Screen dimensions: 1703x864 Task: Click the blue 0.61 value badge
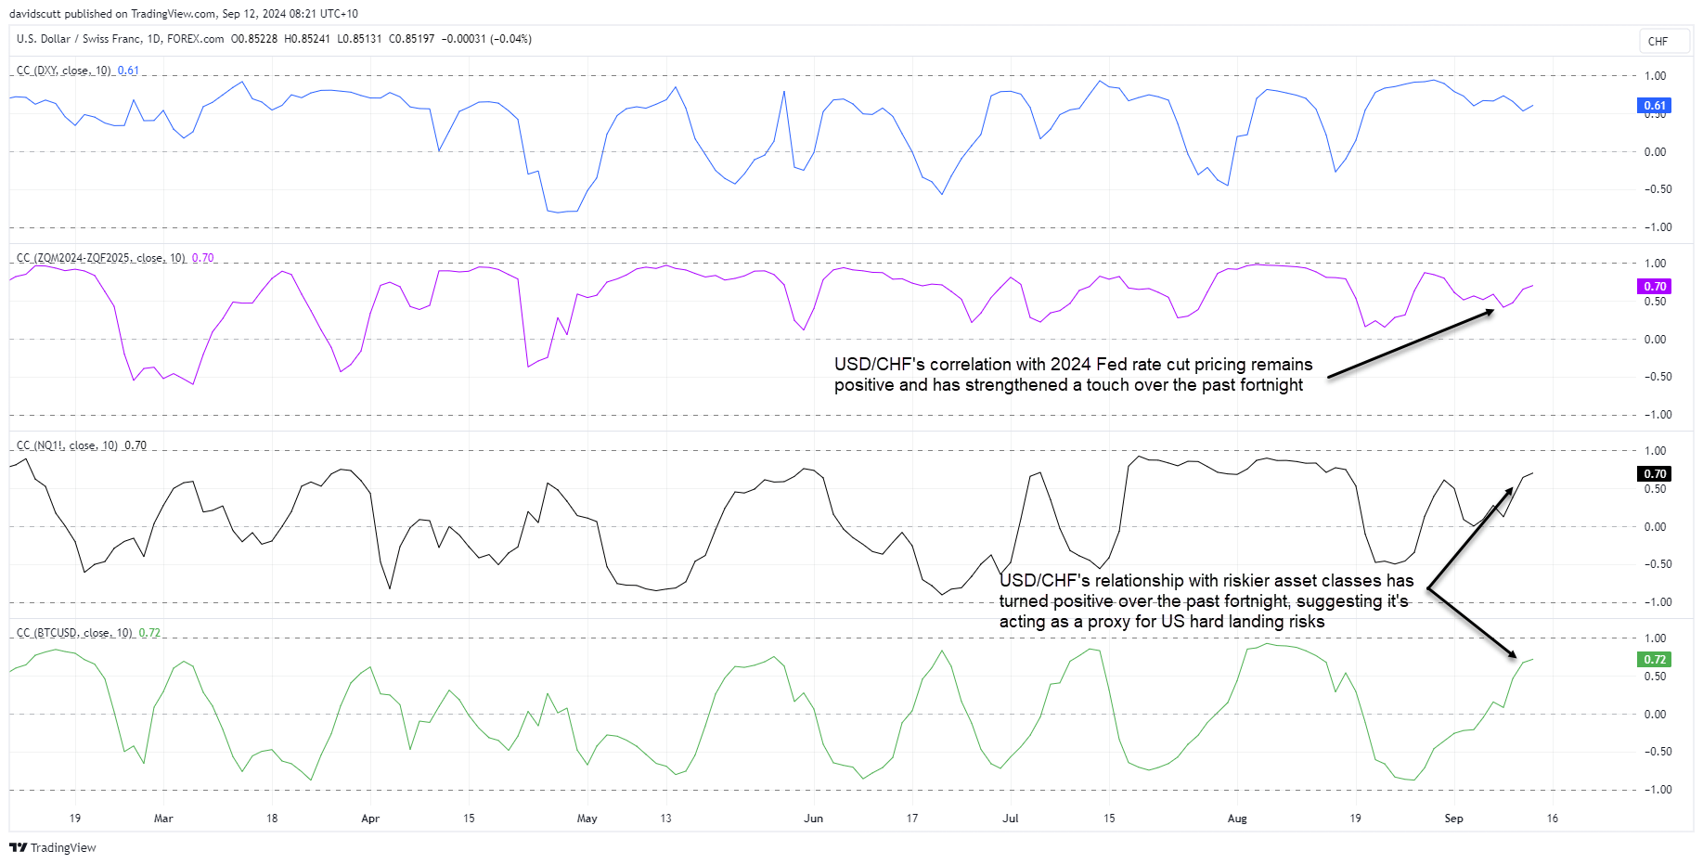[1655, 105]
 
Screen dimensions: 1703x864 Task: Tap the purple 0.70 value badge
[1655, 286]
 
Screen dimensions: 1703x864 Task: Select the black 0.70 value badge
[1655, 473]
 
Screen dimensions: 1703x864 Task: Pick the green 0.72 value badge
[1655, 659]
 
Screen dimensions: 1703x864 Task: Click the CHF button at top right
[1658, 41]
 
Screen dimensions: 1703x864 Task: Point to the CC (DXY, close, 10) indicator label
[63, 71]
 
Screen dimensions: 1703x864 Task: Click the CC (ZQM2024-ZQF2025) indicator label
[100, 258]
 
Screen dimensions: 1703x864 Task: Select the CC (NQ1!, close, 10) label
[67, 445]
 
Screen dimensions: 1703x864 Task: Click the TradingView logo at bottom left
[53, 847]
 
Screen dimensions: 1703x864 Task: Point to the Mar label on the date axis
[163, 819]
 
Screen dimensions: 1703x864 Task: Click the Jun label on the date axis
[813, 819]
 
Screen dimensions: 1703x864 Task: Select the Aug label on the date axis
[1237, 819]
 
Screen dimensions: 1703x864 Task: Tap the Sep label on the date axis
[1453, 819]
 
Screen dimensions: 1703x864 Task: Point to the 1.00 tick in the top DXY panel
[1655, 76]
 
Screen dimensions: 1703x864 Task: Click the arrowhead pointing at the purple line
[1489, 312]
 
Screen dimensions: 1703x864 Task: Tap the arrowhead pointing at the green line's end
[1511, 654]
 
